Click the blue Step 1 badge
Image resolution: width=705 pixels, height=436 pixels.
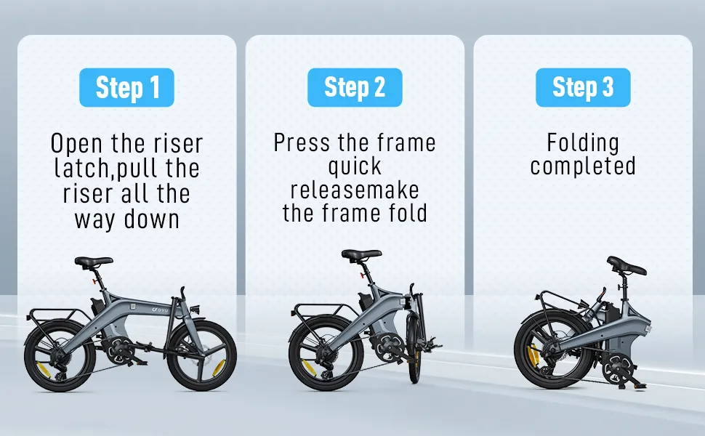pyautogui.click(x=126, y=88)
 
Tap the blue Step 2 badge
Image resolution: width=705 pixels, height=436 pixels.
pyautogui.click(x=355, y=88)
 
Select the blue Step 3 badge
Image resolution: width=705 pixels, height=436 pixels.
pyautogui.click(x=583, y=88)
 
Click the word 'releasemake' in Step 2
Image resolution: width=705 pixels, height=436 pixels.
pyautogui.click(x=355, y=190)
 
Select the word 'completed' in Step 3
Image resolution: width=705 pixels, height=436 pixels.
pyautogui.click(x=583, y=166)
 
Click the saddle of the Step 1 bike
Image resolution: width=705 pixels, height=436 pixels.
pyautogui.click(x=93, y=261)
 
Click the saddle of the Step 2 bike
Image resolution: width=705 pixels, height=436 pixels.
pyautogui.click(x=360, y=254)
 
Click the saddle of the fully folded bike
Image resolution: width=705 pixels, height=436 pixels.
pyautogui.click(x=627, y=266)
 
